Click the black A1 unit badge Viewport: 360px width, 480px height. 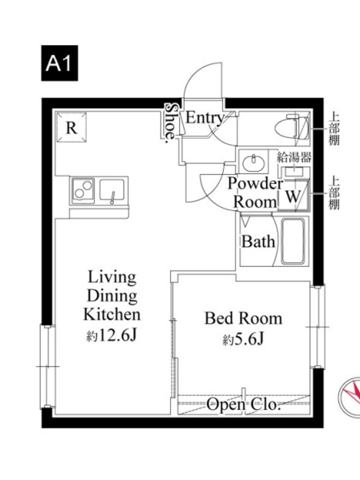(x=59, y=63)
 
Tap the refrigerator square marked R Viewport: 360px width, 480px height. (x=71, y=127)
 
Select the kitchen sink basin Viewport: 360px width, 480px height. (x=112, y=190)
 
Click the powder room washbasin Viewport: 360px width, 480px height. (x=253, y=162)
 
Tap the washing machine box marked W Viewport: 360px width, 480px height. (x=293, y=196)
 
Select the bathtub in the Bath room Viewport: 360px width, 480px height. (x=293, y=241)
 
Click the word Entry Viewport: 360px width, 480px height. (x=205, y=118)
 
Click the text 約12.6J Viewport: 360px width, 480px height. (x=111, y=336)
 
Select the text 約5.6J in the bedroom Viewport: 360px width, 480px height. (x=244, y=339)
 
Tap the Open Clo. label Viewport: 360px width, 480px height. (x=244, y=404)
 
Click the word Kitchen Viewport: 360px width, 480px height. (x=112, y=314)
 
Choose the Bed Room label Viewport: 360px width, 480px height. (x=244, y=319)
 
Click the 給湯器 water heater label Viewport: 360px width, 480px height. (x=294, y=157)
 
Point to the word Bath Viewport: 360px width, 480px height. (x=258, y=242)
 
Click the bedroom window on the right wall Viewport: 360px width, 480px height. (x=319, y=326)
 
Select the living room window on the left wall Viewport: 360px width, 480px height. (x=47, y=367)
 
